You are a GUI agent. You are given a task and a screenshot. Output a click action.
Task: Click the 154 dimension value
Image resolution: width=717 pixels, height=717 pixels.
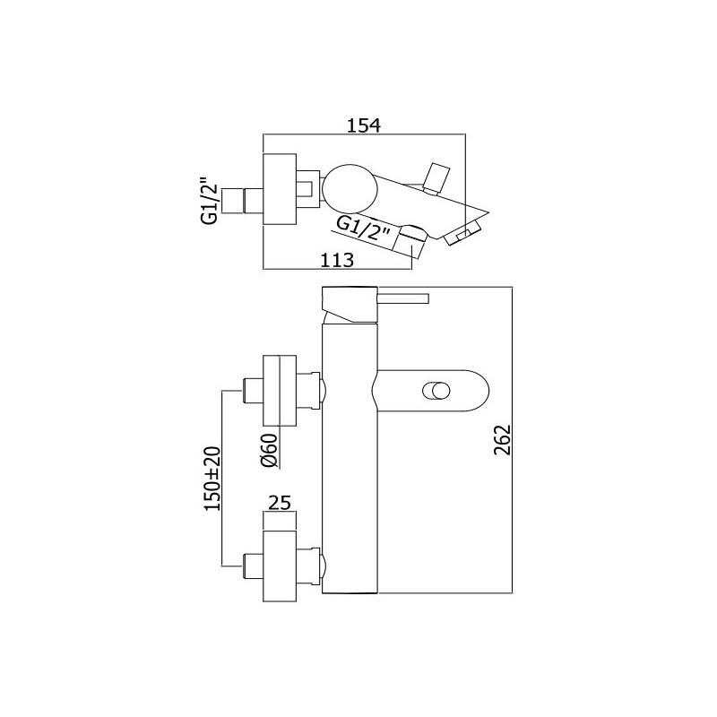pyautogui.click(x=364, y=125)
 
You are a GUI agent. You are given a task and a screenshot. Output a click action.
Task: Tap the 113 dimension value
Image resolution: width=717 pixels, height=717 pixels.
pyautogui.click(x=337, y=260)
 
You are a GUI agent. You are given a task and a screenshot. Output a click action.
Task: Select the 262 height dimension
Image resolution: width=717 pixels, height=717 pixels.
pyautogui.click(x=502, y=440)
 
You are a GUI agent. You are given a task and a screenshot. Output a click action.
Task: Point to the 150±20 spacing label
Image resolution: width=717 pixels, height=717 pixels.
pyautogui.click(x=212, y=479)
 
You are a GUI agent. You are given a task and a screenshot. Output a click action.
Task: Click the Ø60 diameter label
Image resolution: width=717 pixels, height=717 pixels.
pyautogui.click(x=269, y=450)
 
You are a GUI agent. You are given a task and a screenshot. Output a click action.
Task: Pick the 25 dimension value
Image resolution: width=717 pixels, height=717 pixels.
pyautogui.click(x=280, y=503)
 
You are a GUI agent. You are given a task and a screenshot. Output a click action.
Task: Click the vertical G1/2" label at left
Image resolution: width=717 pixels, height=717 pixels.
pyautogui.click(x=209, y=201)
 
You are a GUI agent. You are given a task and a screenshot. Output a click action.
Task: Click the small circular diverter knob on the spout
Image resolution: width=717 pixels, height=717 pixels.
pyautogui.click(x=436, y=393)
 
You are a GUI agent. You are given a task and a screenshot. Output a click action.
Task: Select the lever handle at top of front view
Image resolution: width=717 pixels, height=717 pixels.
pyautogui.click(x=402, y=298)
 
